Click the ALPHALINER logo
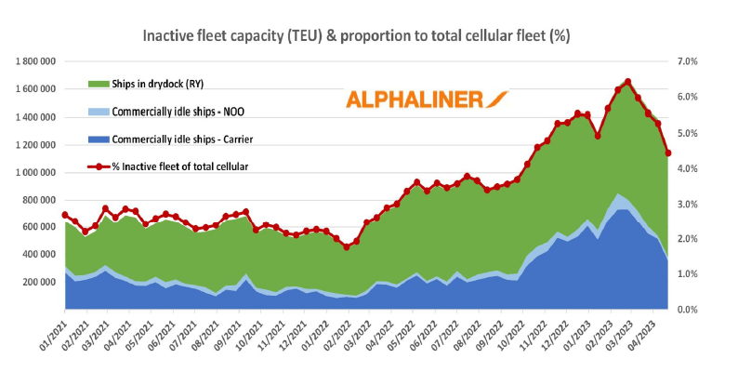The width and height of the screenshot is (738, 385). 427,100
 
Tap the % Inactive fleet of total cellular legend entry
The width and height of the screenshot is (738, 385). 181,166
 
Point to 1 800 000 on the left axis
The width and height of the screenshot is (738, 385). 36,61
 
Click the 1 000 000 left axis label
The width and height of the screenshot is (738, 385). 36,172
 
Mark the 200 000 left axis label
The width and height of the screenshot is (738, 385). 41,282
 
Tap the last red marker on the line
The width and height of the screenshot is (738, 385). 667,153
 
